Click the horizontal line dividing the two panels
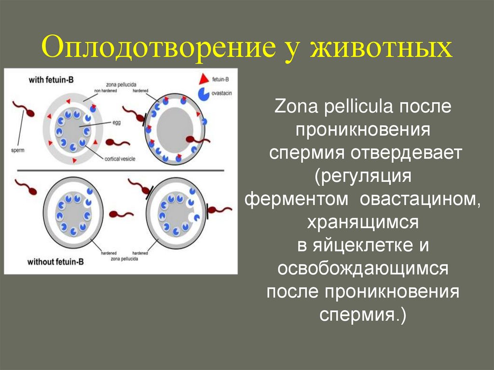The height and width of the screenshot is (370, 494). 121,170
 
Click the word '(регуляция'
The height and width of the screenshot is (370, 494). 363,176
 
